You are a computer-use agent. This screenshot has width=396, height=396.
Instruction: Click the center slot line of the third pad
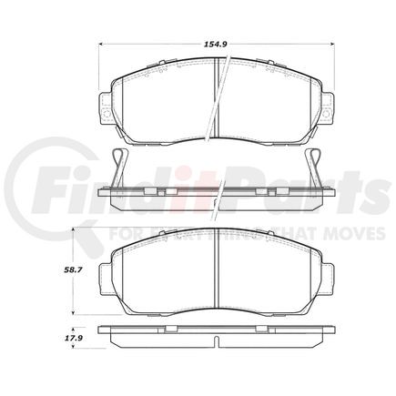tap(215, 269)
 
